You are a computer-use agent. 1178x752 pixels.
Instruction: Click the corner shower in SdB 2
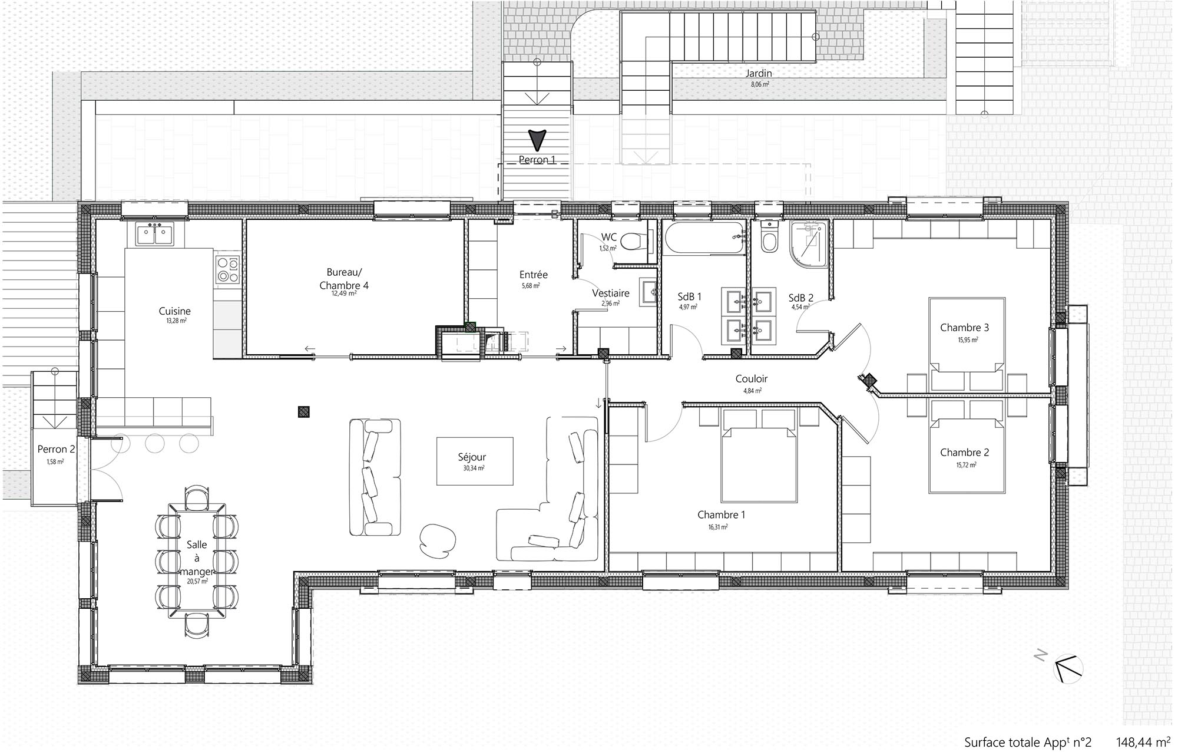pyautogui.click(x=809, y=244)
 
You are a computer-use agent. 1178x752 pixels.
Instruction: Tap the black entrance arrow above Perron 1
pyautogui.click(x=537, y=139)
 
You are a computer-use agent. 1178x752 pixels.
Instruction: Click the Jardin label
pyautogui.click(x=759, y=74)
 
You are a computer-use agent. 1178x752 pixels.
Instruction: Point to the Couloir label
pyautogui.click(x=752, y=379)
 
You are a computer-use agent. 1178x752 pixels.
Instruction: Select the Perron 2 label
pyautogui.click(x=56, y=449)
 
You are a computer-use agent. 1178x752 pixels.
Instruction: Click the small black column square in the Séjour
pyautogui.click(x=303, y=412)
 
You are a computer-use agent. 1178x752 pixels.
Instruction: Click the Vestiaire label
pyautogui.click(x=611, y=293)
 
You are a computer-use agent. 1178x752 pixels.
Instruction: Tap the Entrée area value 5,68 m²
pyautogui.click(x=531, y=286)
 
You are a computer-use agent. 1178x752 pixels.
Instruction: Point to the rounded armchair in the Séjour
pyautogui.click(x=437, y=540)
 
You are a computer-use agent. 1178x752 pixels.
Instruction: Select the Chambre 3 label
pyautogui.click(x=964, y=328)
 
